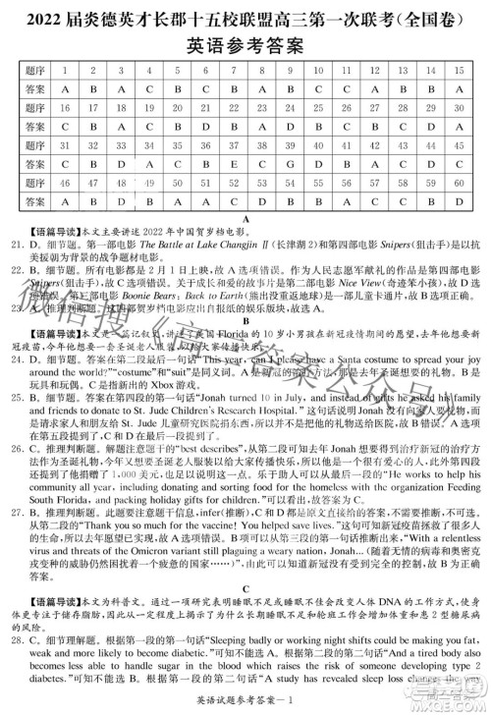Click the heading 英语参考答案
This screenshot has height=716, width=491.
click(245, 45)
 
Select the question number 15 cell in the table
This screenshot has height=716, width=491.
click(459, 71)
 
